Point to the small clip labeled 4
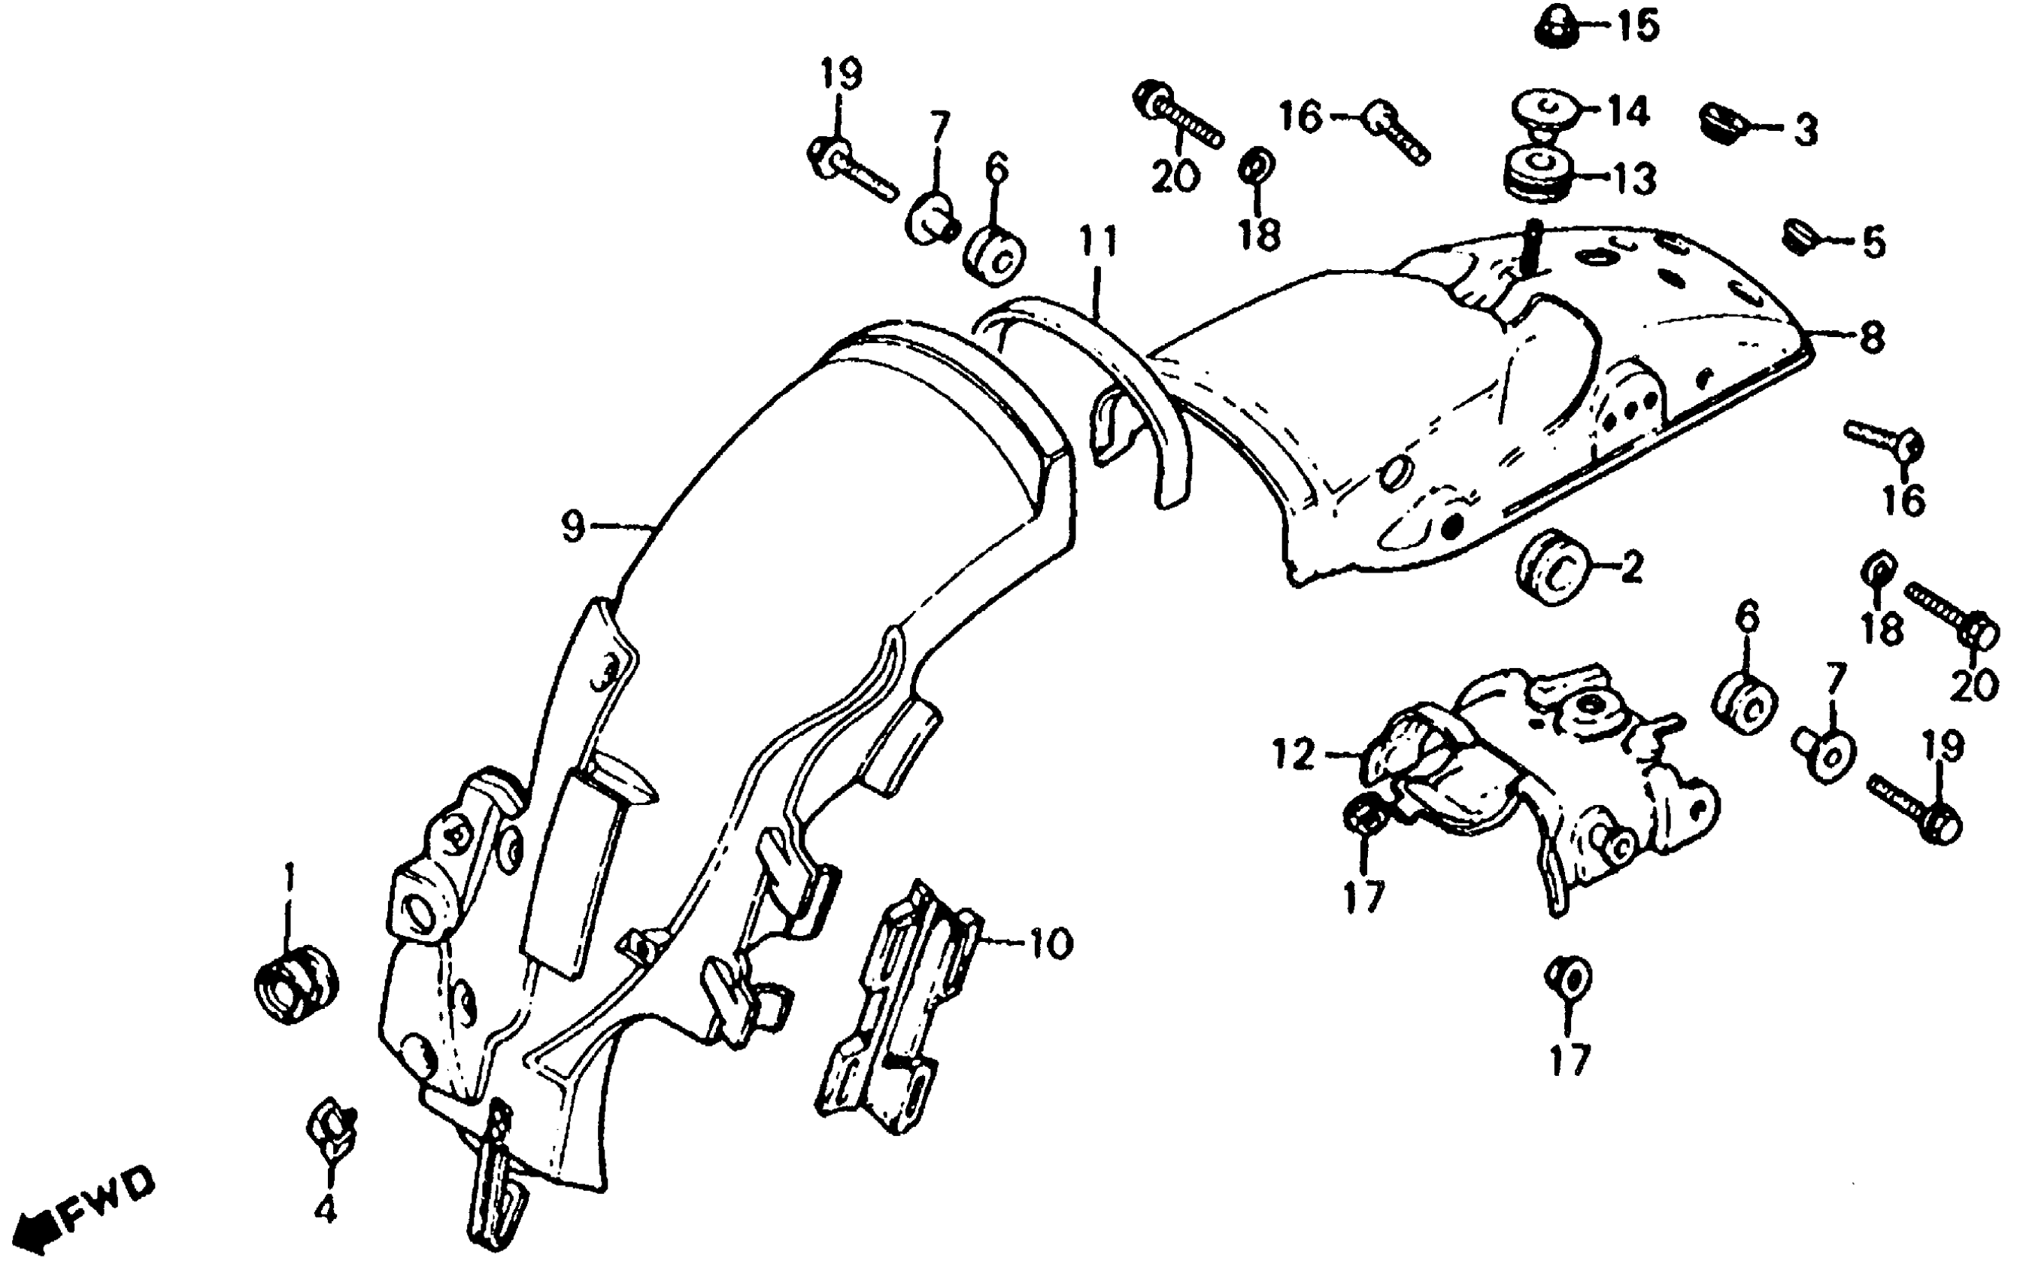click(x=332, y=1126)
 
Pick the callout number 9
click(x=572, y=527)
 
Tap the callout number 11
click(x=1098, y=242)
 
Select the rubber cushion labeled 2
click(x=1552, y=567)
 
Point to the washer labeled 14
click(x=1543, y=111)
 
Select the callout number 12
click(x=1294, y=755)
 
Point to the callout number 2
click(x=1633, y=569)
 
